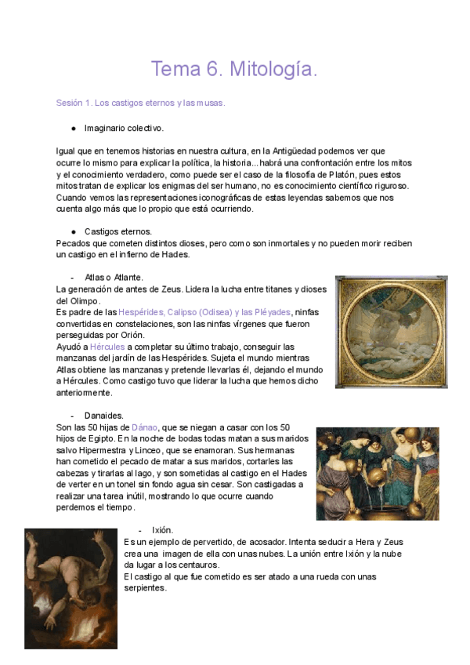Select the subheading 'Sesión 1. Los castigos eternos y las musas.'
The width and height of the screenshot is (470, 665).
(x=140, y=103)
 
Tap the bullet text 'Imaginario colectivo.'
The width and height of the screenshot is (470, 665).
(x=124, y=128)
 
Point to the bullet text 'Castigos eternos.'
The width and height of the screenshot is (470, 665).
(x=117, y=231)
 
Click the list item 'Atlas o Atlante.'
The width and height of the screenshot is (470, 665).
(x=114, y=278)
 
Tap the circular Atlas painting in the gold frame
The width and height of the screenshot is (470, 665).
(x=391, y=332)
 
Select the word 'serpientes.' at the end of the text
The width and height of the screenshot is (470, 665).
(x=145, y=588)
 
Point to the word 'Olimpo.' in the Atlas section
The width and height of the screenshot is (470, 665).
(x=78, y=300)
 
